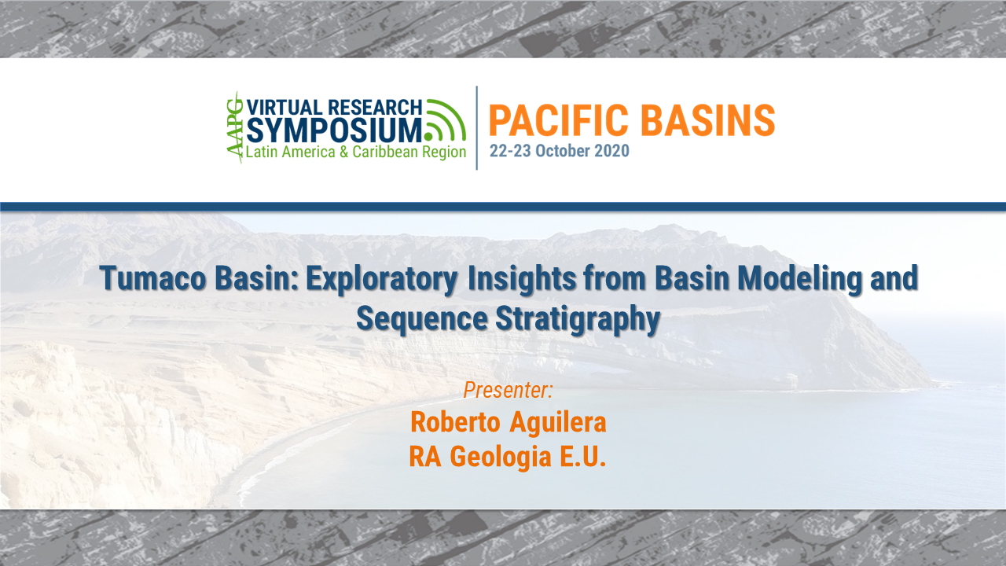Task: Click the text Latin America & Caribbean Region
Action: (356, 152)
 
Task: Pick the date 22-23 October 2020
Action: (560, 151)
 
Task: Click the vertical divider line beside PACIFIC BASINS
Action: (477, 127)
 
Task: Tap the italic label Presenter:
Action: (509, 389)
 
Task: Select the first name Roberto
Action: (455, 422)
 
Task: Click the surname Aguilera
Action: (558, 422)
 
